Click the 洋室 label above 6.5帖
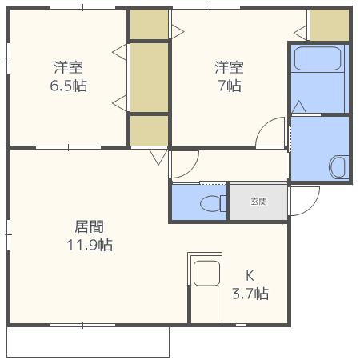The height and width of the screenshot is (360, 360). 69,67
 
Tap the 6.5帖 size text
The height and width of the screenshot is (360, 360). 69,85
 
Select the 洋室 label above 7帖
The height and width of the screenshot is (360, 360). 228,67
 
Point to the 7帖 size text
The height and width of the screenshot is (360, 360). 228,85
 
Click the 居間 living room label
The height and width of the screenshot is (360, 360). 89,227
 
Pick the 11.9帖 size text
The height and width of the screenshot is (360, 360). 89,245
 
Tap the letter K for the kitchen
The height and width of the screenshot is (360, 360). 249,275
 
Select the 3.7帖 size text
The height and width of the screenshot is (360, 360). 250,294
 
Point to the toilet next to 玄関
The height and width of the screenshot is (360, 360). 212,203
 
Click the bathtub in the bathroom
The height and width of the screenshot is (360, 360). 318,60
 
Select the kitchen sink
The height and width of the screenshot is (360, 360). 206,273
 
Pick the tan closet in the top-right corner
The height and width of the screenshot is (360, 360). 329,26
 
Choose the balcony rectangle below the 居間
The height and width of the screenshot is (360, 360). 88,342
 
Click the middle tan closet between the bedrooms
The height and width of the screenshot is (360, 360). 150,78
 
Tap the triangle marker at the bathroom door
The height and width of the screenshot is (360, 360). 299,107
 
